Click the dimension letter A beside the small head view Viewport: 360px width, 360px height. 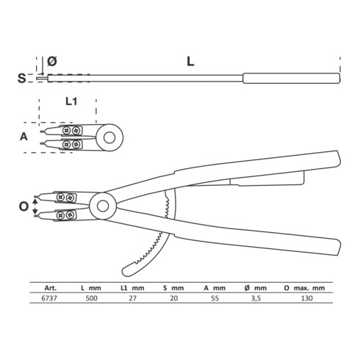[x=24, y=137]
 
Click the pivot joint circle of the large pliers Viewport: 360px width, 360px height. [x=101, y=206]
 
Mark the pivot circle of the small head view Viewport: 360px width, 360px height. [x=112, y=137]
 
